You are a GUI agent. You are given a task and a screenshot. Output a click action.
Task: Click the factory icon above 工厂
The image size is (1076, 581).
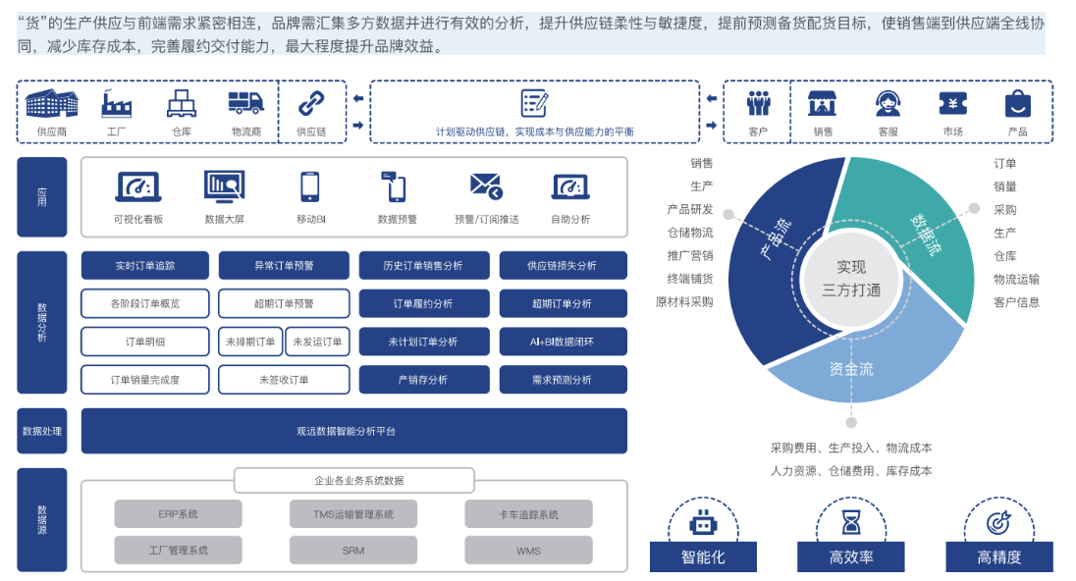117,103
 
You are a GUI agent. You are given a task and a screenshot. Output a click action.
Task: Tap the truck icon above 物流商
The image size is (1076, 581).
246,103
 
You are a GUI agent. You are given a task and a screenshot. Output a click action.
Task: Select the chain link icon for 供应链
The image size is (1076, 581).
311,103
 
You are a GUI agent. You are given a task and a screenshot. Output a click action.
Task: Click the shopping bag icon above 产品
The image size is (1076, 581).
1017,103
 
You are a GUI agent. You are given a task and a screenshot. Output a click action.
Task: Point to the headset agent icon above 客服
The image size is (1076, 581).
888,103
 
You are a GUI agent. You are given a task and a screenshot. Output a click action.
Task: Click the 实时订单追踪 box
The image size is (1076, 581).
144,265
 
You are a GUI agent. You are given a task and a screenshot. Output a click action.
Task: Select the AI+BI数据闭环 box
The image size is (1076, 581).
563,342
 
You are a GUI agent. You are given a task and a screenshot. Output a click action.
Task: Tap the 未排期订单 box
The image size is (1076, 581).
250,342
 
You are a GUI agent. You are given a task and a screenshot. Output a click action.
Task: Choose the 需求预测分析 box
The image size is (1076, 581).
563,380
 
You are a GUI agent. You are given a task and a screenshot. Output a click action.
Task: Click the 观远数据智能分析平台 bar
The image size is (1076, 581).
353,431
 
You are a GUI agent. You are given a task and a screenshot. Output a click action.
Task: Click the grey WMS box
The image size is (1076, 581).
529,551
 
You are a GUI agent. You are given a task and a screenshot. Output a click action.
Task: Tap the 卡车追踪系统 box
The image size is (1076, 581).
529,514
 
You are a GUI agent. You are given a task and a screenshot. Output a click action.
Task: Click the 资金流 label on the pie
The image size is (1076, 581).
850,369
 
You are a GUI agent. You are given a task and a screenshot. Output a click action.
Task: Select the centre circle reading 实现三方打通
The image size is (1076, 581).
851,278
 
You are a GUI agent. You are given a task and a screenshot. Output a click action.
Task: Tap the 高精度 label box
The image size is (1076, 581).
998,556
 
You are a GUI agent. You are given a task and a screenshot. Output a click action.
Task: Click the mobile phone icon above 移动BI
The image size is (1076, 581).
310,185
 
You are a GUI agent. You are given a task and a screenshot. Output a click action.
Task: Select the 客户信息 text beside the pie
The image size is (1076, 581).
1016,302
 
